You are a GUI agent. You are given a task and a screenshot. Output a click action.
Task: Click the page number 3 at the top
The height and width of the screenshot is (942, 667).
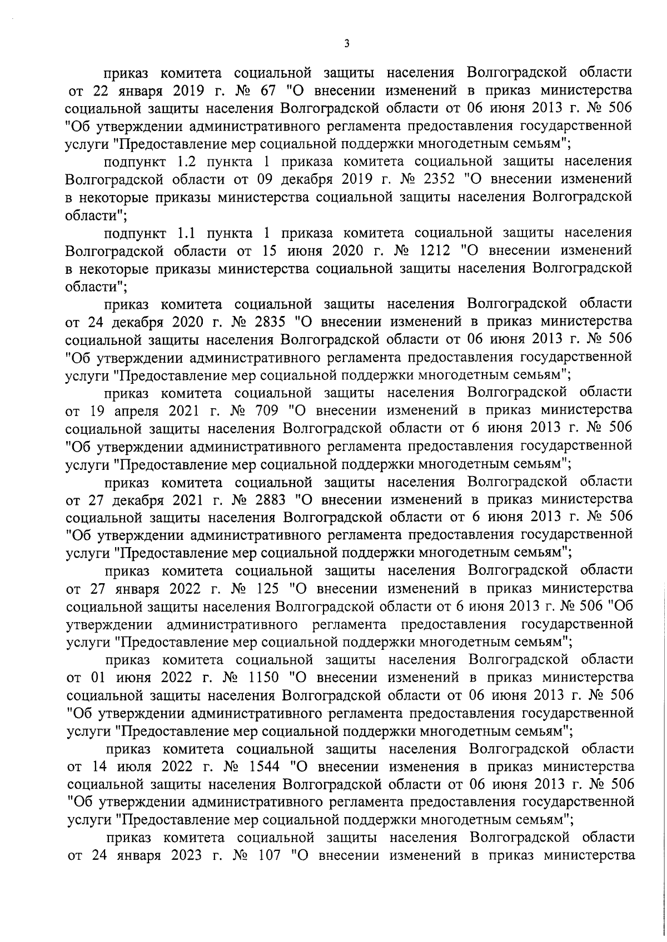coord(346,44)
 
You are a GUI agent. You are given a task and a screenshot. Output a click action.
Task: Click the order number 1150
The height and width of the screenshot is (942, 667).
coord(263,678)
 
